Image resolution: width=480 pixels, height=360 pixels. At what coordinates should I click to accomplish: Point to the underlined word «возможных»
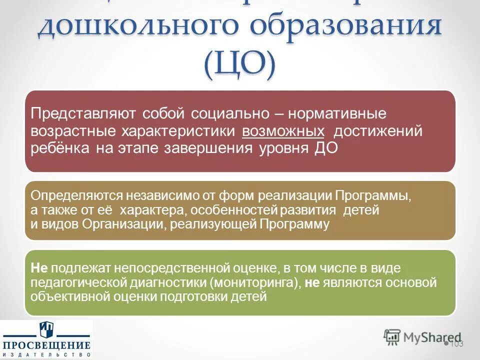point(283,131)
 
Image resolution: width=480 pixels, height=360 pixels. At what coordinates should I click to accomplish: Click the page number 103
point(456,343)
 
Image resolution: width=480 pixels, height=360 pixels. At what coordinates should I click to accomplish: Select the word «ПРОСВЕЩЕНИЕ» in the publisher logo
point(46,345)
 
